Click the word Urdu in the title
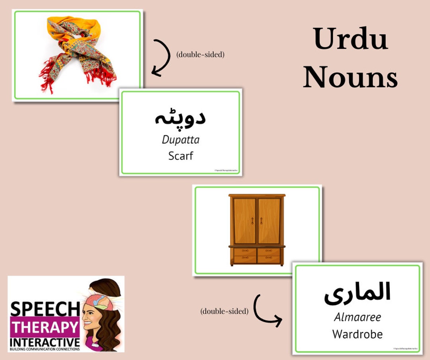coord(350,40)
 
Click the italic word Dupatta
coord(181,140)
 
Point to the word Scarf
coord(181,156)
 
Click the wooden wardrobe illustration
coord(257,230)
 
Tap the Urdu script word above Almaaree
coord(357,292)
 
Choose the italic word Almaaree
coord(358,317)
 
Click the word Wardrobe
coord(358,334)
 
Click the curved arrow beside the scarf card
coord(160,57)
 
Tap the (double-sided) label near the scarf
coord(200,54)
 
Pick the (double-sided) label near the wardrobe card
coord(224,311)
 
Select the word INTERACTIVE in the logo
coord(45,342)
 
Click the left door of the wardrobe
coord(244,221)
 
